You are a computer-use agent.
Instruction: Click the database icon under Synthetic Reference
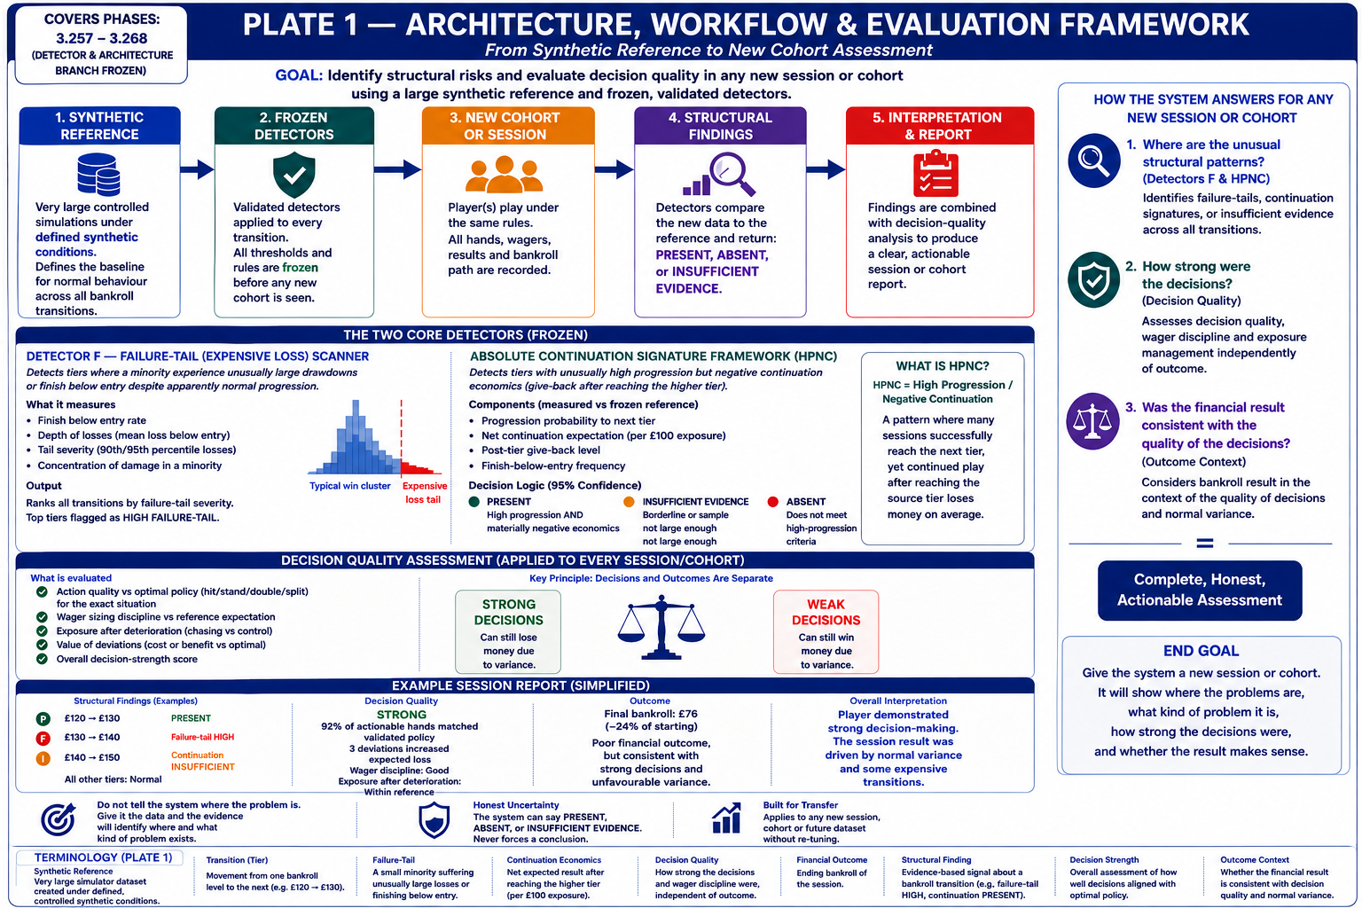[98, 175]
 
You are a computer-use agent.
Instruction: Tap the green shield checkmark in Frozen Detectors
[294, 175]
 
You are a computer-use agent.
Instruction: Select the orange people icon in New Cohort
[504, 174]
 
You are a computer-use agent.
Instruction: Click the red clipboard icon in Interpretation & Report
[935, 174]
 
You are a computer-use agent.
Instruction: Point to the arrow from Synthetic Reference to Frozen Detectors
[197, 169]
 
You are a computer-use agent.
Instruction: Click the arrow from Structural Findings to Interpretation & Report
[826, 169]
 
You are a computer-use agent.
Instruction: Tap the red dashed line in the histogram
[402, 436]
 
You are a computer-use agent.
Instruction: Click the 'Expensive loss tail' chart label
[424, 493]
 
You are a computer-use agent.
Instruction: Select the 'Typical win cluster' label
[349, 486]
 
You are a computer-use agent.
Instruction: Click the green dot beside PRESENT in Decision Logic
[474, 502]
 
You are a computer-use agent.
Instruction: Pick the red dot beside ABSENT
[773, 502]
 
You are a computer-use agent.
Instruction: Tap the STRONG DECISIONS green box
[508, 632]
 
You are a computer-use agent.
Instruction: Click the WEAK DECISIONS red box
[826, 632]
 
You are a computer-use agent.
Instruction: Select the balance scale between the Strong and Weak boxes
[661, 629]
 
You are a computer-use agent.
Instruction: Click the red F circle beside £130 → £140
[43, 739]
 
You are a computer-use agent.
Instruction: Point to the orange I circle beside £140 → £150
[43, 758]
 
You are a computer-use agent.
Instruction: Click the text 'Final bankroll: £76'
[651, 714]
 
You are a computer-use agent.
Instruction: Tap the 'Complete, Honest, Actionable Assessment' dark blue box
[1200, 590]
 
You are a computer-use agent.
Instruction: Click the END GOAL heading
[1201, 651]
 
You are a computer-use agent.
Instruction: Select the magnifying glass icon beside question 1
[1094, 160]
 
